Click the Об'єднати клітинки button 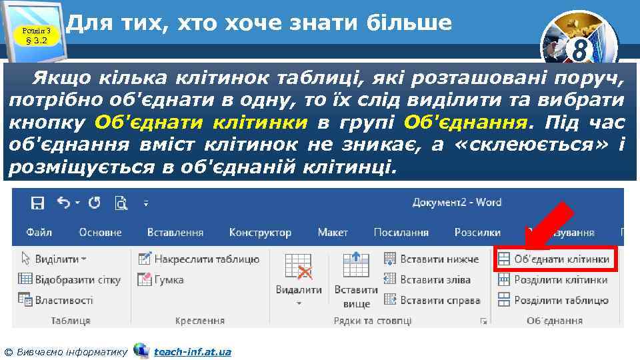554,259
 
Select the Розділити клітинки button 553,280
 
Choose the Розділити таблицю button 553,301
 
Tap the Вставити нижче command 432,259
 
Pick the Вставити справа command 432,301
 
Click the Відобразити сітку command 69,280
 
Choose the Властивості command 56,301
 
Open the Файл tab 39,233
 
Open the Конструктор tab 260,233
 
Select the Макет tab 332,233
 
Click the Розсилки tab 477,233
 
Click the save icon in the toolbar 38,203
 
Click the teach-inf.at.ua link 192,351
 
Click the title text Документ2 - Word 457,203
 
